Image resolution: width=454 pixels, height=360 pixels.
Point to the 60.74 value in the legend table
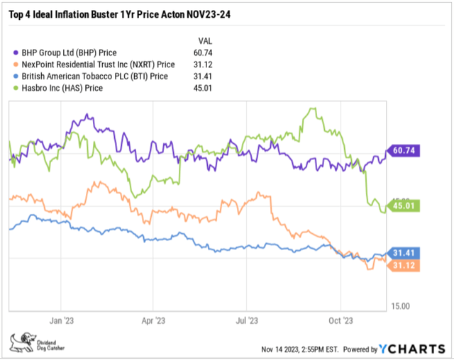click(204, 52)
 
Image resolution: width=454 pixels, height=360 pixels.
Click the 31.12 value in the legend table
click(204, 64)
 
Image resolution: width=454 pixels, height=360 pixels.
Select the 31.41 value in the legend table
click(204, 76)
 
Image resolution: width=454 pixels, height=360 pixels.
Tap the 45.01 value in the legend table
click(204, 88)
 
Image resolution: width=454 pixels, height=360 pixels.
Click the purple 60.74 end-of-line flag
click(405, 150)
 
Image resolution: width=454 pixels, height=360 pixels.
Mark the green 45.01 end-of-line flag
click(405, 206)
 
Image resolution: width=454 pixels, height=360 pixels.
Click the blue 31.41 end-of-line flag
click(405, 253)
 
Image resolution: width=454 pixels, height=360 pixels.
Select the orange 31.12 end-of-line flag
click(405, 265)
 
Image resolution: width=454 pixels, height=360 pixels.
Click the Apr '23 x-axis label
click(153, 320)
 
